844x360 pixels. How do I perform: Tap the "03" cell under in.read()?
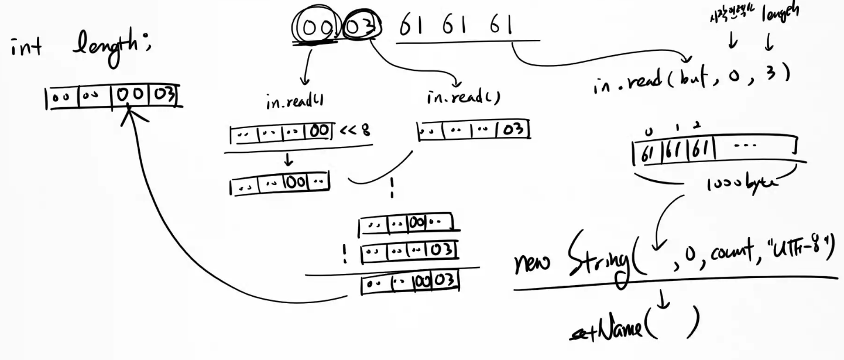click(x=513, y=129)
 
